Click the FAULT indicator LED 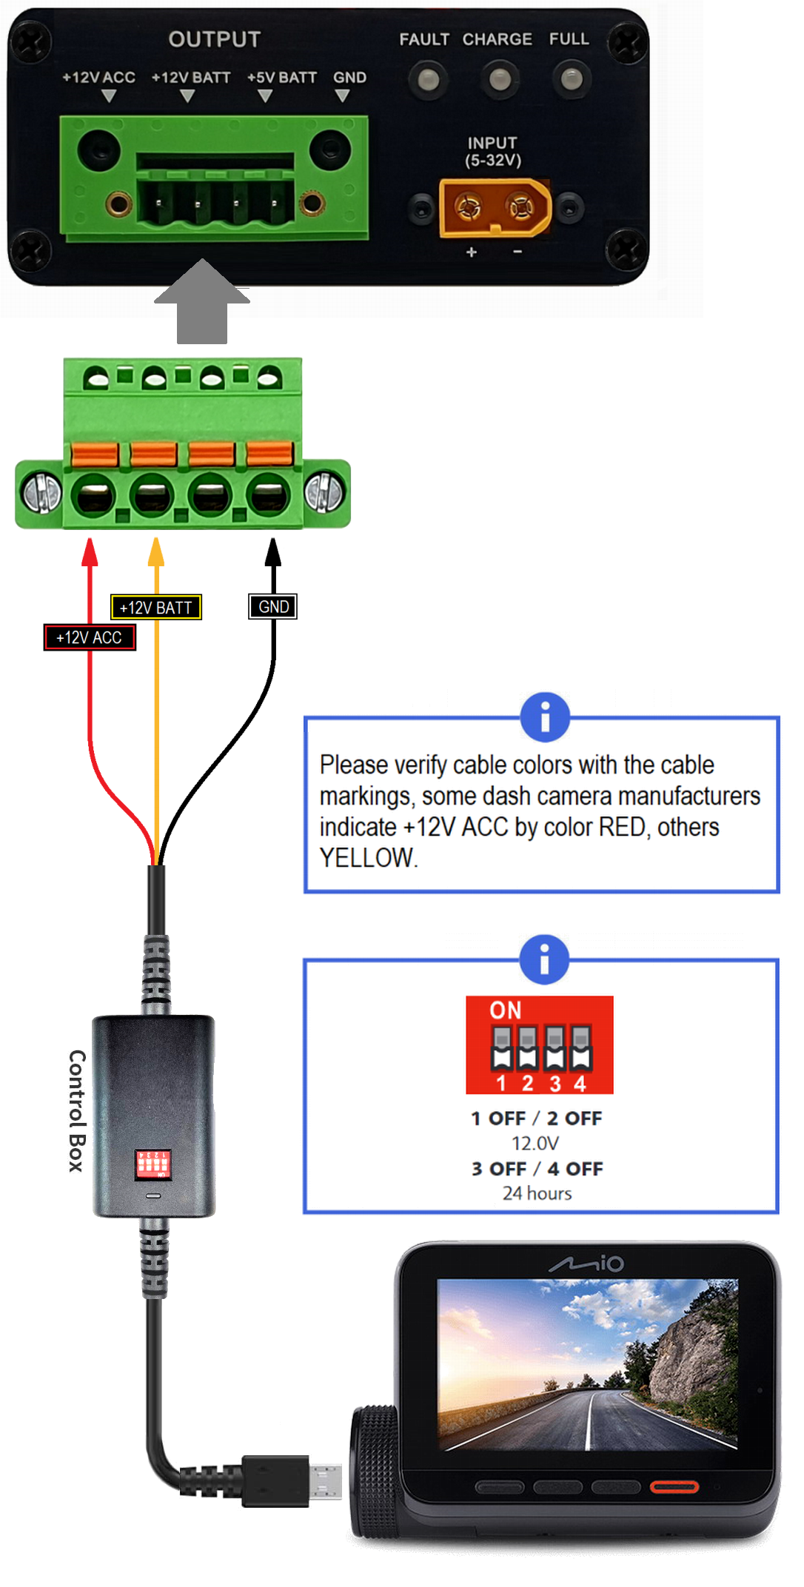[428, 79]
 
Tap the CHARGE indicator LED [500, 79]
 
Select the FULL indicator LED [572, 79]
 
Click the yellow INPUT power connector [495, 208]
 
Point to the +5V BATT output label [281, 78]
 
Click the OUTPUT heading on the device [215, 39]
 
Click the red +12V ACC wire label [90, 637]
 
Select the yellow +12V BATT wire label [155, 608]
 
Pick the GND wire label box [273, 607]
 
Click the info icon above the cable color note [545, 717]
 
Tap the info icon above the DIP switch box [545, 959]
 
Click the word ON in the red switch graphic [506, 1010]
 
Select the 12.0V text [535, 1144]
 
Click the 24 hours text [537, 1193]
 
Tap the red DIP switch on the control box [153, 1164]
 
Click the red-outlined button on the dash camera [674, 1486]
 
